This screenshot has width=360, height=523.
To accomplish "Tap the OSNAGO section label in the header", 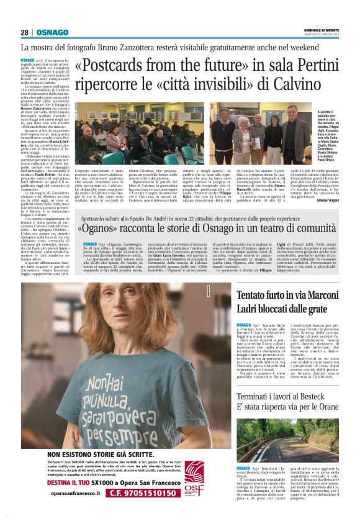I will click(x=52, y=32).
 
